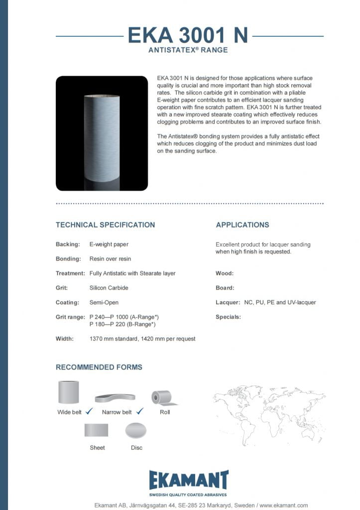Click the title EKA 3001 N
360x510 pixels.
[x=188, y=35]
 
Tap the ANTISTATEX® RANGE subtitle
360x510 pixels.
[x=188, y=50]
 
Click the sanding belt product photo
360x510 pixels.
[x=102, y=133]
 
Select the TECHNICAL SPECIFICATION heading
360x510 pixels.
[x=105, y=225]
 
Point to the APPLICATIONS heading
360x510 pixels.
[x=242, y=225]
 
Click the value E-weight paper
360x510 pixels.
[x=109, y=245]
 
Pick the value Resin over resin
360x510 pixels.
[x=110, y=259]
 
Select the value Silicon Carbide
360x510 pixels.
[x=109, y=288]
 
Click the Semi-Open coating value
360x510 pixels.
[x=104, y=302]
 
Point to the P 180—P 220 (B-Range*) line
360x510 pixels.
[x=122, y=324]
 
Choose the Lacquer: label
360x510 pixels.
[x=228, y=302]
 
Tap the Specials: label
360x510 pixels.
[x=228, y=317]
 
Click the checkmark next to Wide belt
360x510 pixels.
[x=90, y=411]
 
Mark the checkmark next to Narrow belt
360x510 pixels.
[x=139, y=411]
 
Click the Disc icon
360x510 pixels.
[x=136, y=430]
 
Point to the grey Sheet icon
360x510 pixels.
[x=97, y=430]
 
